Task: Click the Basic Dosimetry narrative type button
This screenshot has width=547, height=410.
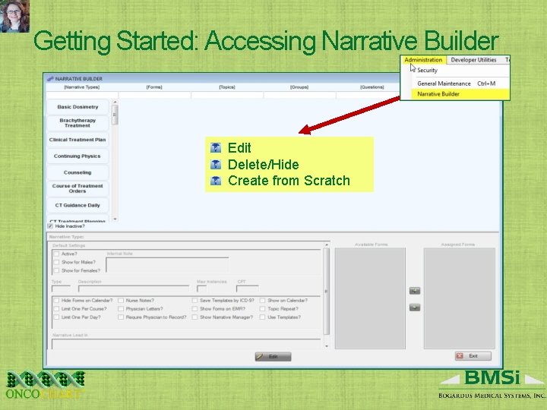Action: pos(77,107)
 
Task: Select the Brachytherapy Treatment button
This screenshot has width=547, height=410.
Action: pos(77,122)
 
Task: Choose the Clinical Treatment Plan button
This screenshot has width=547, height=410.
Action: pos(77,140)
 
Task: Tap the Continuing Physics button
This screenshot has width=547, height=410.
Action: pos(77,156)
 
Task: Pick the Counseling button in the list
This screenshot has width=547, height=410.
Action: pos(77,172)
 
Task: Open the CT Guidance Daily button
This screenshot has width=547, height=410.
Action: pos(77,205)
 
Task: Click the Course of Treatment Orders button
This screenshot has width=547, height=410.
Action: pos(77,188)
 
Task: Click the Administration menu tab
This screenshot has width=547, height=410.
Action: pos(423,60)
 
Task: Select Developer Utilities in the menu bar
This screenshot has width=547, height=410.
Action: pos(473,60)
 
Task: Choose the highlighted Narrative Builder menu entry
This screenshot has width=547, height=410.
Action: pos(439,94)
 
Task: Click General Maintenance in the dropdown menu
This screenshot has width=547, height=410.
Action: pos(444,84)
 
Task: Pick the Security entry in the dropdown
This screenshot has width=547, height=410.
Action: pos(428,71)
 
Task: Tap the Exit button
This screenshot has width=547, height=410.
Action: pos(473,356)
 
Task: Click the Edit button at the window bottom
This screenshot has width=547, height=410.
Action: pos(273,356)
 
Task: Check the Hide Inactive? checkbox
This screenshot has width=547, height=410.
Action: pos(51,225)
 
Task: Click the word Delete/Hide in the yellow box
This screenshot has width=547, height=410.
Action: pos(263,164)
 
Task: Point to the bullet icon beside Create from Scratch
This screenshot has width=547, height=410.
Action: pos(216,181)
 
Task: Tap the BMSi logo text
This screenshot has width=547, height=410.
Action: pos(492,378)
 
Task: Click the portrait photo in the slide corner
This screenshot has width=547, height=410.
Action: pos(14,15)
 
